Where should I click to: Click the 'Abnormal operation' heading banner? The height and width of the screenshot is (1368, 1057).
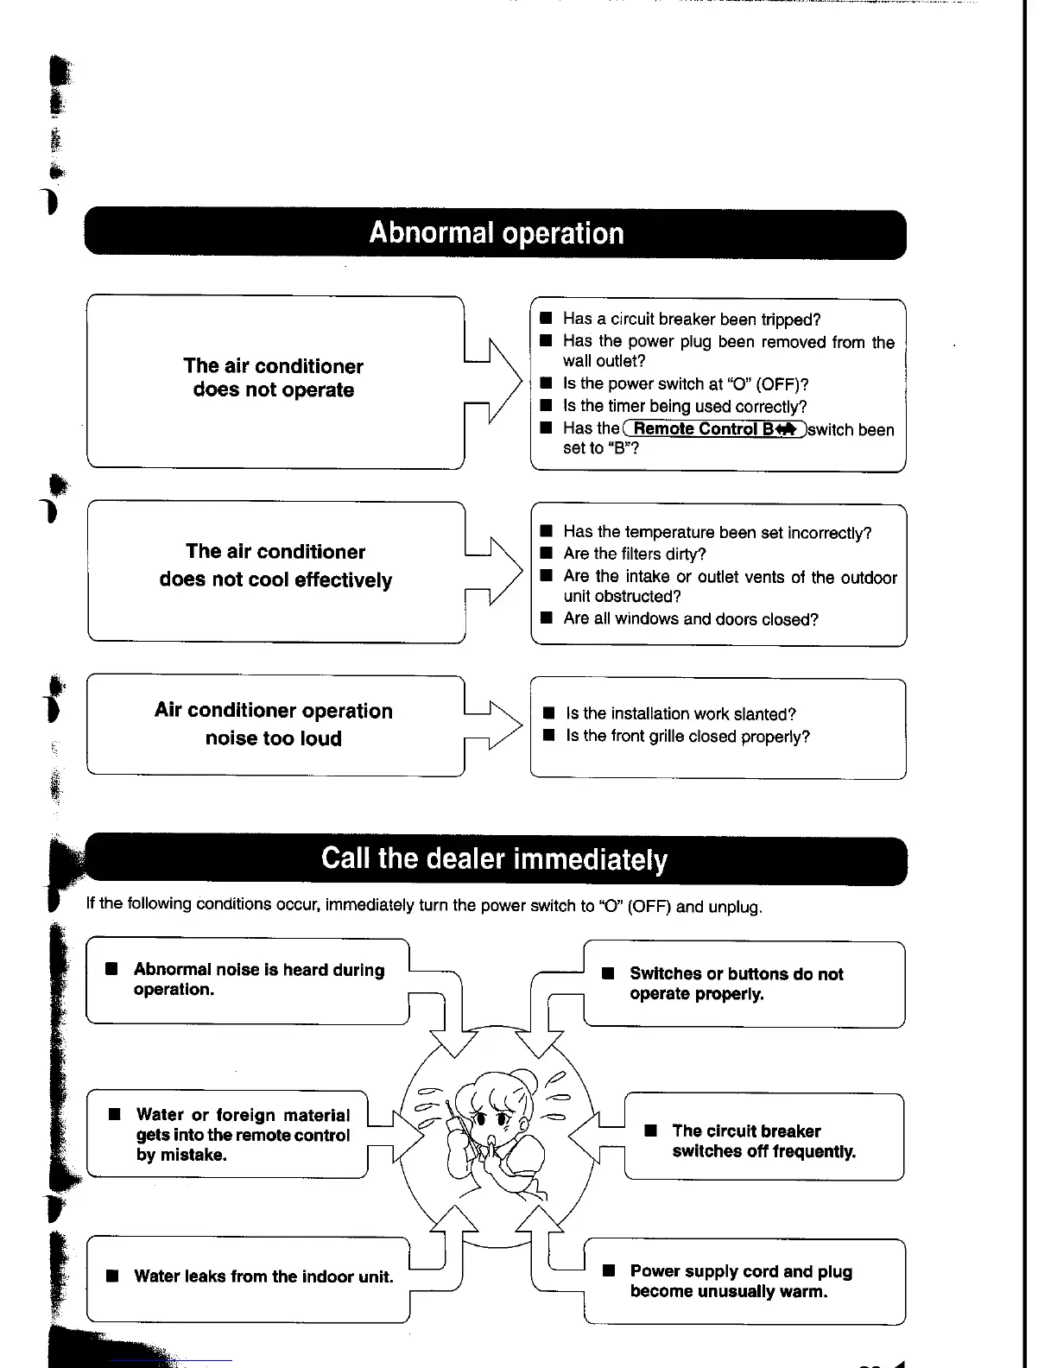coord(496,233)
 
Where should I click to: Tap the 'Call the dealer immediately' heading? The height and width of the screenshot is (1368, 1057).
coord(495,859)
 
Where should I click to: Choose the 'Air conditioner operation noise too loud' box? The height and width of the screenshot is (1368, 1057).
coord(274,725)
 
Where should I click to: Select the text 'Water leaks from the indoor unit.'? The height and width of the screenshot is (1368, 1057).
coord(263,1276)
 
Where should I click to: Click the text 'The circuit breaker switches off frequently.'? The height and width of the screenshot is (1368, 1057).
coord(763,1141)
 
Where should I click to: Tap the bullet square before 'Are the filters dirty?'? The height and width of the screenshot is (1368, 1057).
coord(546,554)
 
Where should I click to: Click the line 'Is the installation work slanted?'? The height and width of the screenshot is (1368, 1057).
coord(680,714)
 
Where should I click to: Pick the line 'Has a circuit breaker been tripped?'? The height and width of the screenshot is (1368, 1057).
coord(692,320)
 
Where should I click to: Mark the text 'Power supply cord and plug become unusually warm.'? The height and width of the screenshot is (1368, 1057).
coord(741,1282)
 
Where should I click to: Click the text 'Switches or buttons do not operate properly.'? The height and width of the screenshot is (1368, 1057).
coord(736,984)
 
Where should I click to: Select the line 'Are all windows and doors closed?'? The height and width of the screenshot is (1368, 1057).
coord(691,619)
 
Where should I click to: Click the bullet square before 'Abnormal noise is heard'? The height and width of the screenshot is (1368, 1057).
coord(111,969)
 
